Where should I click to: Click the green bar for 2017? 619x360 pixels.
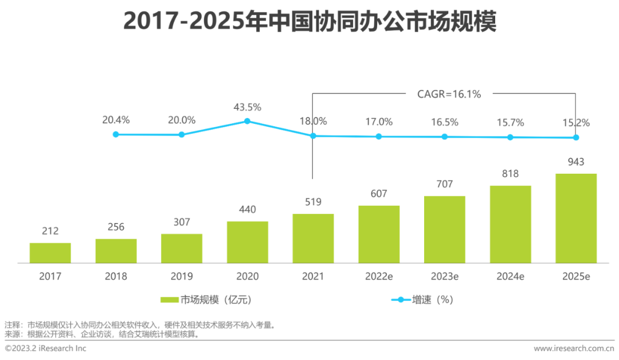click(x=50, y=253)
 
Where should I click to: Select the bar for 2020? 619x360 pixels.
click(x=247, y=242)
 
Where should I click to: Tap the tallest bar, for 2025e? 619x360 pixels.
click(x=576, y=218)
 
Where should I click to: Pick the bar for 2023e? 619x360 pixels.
click(x=445, y=229)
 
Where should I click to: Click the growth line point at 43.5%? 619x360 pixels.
click(x=247, y=121)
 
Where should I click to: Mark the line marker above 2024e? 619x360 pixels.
click(x=510, y=137)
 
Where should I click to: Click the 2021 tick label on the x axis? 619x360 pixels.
click(x=313, y=276)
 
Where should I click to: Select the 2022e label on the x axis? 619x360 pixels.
click(x=379, y=276)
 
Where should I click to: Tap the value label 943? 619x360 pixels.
click(x=576, y=162)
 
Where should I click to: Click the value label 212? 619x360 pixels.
click(x=50, y=232)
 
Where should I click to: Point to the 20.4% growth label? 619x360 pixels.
click(x=116, y=120)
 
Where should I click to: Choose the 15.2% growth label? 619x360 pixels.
click(x=576, y=123)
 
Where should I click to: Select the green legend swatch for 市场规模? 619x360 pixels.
click(x=170, y=300)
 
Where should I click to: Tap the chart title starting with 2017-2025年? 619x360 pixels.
click(x=309, y=22)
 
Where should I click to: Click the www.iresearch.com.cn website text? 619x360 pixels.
click(x=574, y=349)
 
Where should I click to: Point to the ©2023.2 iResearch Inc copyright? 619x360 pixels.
click(x=46, y=349)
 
